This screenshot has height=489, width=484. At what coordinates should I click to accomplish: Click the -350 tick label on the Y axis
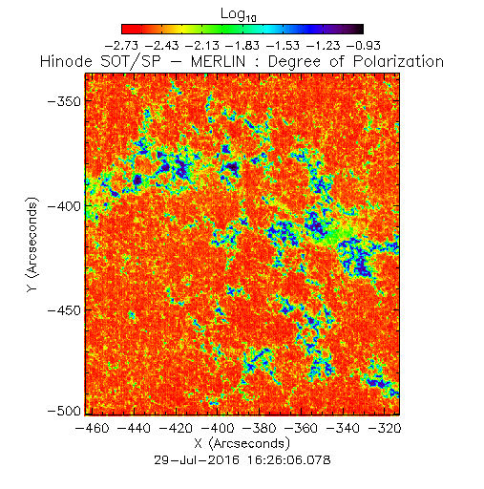pyautogui.click(x=64, y=102)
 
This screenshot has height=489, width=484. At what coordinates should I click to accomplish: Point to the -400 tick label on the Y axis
pyautogui.click(x=64, y=206)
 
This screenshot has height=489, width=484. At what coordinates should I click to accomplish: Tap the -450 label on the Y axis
pyautogui.click(x=64, y=310)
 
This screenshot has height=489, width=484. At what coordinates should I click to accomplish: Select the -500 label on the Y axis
pyautogui.click(x=64, y=411)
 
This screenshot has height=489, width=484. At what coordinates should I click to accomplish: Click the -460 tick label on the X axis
pyautogui.click(x=92, y=428)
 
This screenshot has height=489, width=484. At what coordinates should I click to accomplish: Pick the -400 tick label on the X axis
pyautogui.click(x=218, y=428)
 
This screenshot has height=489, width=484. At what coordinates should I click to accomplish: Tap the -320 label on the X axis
pyautogui.click(x=385, y=428)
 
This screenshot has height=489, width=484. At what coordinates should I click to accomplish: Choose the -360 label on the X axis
pyautogui.click(x=301, y=428)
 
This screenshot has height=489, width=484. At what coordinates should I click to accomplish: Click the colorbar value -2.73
pyautogui.click(x=121, y=46)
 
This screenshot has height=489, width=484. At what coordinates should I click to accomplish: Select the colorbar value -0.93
pyautogui.click(x=364, y=46)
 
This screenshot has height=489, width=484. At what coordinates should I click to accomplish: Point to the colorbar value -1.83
pyautogui.click(x=242, y=46)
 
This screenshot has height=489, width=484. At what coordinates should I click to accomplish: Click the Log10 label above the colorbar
pyautogui.click(x=239, y=14)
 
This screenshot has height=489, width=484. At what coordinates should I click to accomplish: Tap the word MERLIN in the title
pyautogui.click(x=219, y=61)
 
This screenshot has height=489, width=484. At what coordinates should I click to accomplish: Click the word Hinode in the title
pyautogui.click(x=67, y=61)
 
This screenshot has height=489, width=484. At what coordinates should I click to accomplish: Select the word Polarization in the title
pyautogui.click(x=398, y=61)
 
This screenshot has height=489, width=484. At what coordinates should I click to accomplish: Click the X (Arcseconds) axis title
pyautogui.click(x=242, y=443)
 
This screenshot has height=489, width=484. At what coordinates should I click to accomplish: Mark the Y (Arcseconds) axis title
pyautogui.click(x=32, y=244)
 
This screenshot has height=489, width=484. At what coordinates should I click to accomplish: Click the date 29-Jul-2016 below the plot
pyautogui.click(x=197, y=460)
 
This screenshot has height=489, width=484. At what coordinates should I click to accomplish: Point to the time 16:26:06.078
pyautogui.click(x=289, y=460)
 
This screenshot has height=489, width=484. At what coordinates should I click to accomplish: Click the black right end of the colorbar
pyautogui.click(x=360, y=29)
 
